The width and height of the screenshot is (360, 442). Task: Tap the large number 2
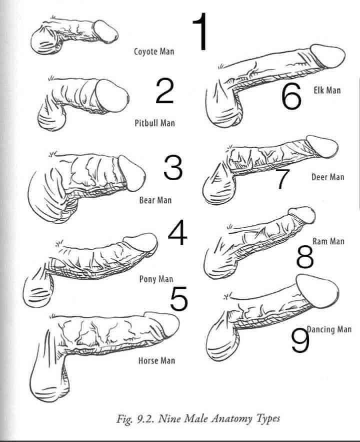[x=164, y=91]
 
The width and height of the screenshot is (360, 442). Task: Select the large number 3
[x=173, y=168]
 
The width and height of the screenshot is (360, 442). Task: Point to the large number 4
[x=177, y=233]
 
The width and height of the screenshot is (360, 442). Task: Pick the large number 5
[x=178, y=299]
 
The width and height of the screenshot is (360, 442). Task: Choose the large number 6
[x=291, y=97]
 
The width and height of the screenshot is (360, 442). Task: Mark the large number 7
[x=282, y=179]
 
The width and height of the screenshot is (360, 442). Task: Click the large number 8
[x=305, y=256]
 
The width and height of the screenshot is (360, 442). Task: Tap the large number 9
[x=300, y=340]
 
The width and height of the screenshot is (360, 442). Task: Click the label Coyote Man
[x=154, y=52]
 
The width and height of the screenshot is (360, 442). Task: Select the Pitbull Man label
[x=155, y=123]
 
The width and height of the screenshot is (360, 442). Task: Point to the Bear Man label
[x=155, y=200]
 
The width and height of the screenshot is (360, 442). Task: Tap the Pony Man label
[x=156, y=279]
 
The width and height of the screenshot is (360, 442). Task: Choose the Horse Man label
[x=157, y=360]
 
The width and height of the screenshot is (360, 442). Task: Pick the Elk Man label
[x=327, y=90]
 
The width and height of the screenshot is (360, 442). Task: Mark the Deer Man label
[x=328, y=177]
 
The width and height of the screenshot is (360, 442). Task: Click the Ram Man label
[x=328, y=241]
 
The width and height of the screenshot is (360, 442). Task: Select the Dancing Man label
[x=329, y=329]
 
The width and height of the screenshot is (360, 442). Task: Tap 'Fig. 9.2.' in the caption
[x=135, y=419]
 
